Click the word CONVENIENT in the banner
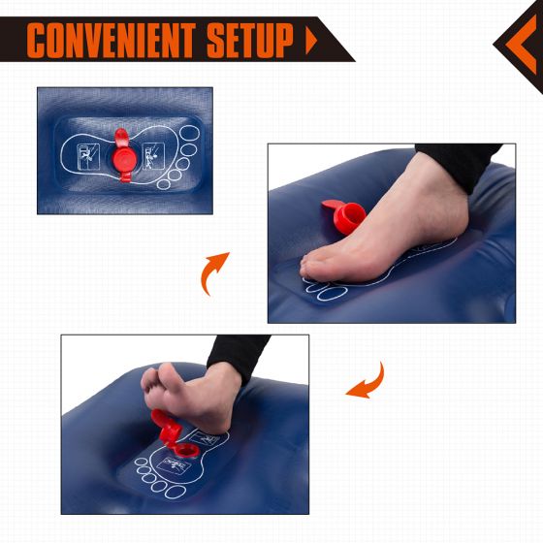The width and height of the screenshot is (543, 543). tap(111, 40)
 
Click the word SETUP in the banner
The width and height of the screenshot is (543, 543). tap(250, 40)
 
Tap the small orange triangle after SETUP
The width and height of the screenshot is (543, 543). tap(311, 41)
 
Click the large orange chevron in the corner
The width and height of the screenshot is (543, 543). tap(522, 45)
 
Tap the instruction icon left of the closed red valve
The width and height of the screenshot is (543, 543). tap(88, 156)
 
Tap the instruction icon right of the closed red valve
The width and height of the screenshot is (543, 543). tap(153, 156)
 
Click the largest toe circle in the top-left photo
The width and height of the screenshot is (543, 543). tap(190, 134)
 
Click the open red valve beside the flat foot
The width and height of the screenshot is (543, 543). tap(345, 216)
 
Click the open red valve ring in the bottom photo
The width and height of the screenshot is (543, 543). tap(186, 451)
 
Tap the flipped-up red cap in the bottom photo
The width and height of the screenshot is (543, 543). tap(166, 427)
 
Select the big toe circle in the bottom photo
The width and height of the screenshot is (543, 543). tap(176, 492)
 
